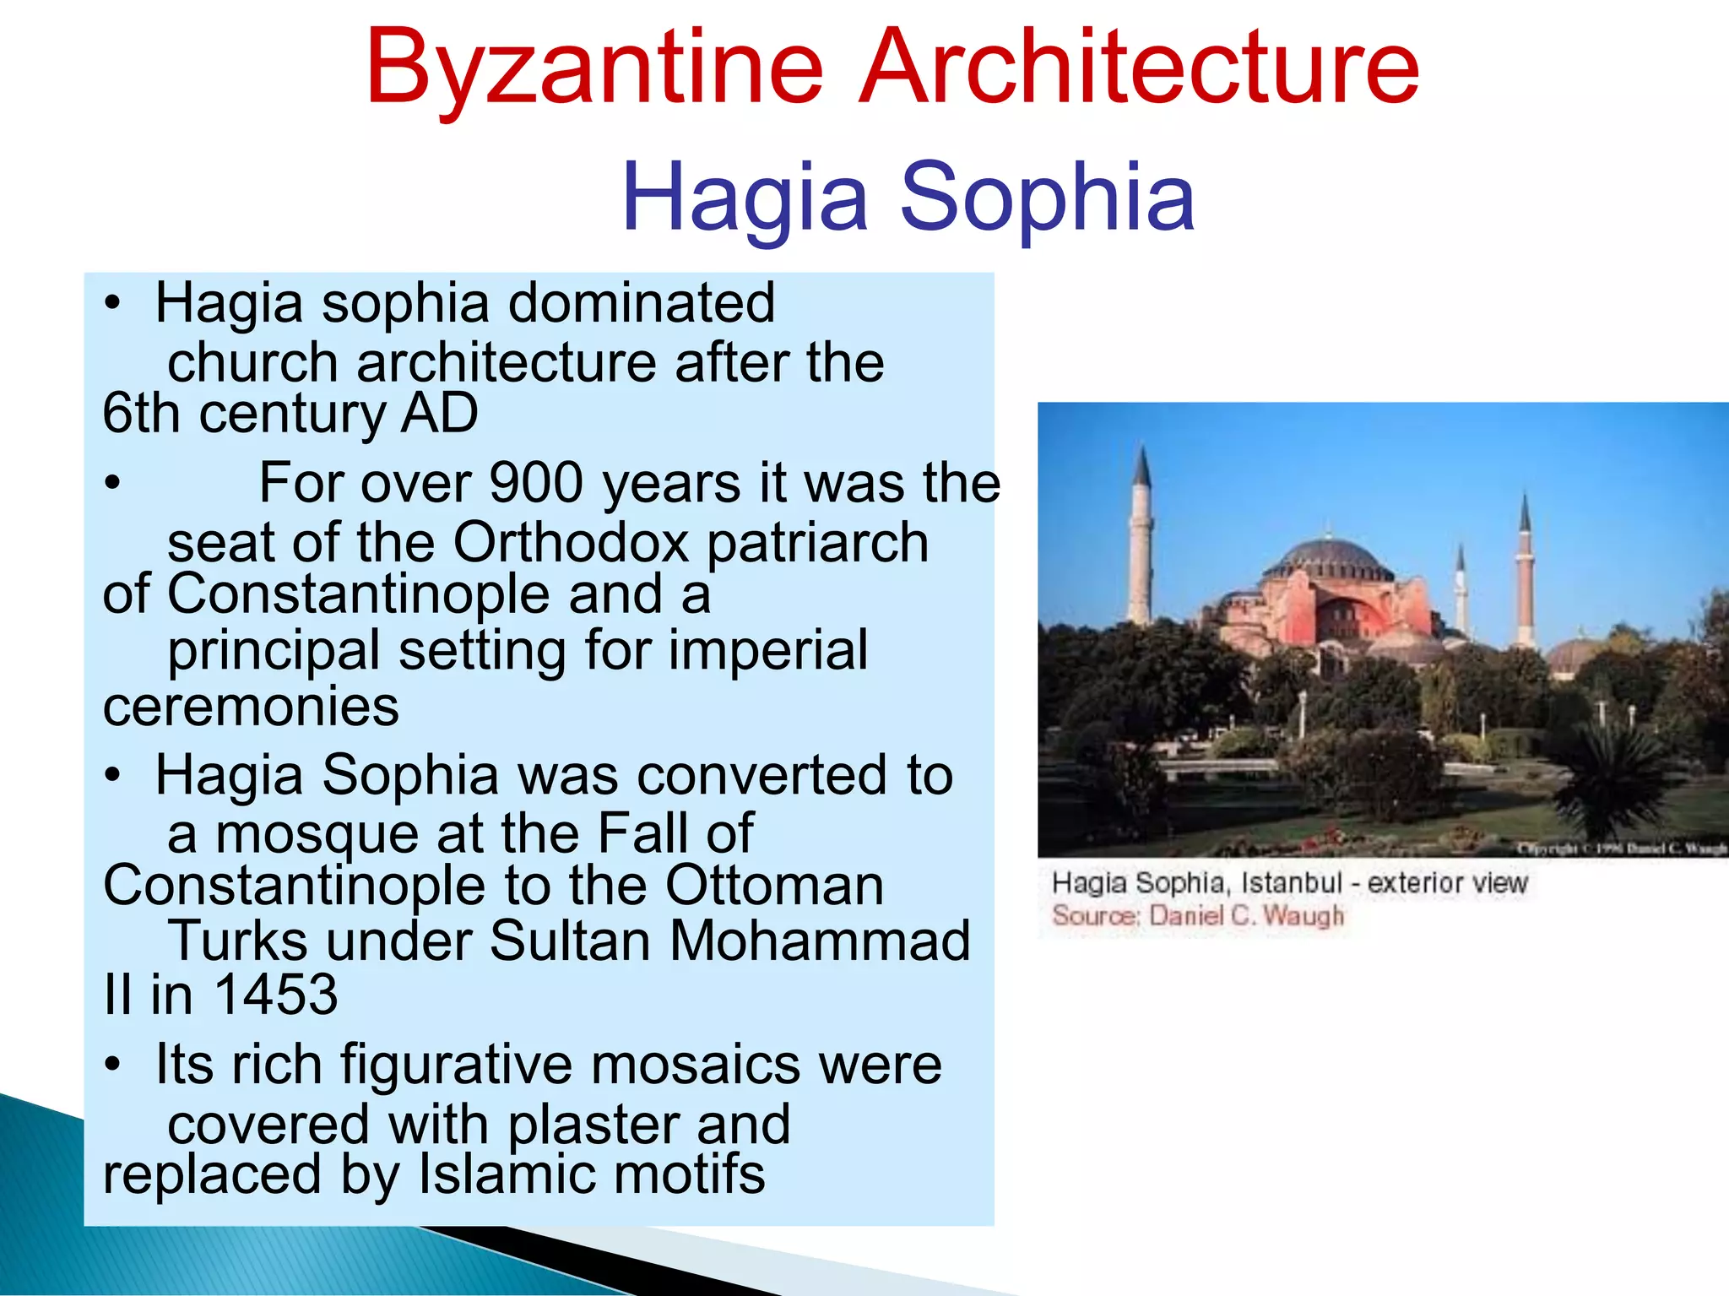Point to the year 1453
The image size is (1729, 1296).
pyautogui.click(x=276, y=994)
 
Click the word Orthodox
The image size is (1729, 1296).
pyautogui.click(x=572, y=542)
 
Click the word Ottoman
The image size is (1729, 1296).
pyautogui.click(x=774, y=886)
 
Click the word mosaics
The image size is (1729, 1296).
pyautogui.click(x=695, y=1065)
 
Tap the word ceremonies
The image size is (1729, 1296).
pyautogui.click(x=251, y=707)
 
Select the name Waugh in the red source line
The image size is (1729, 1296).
pyautogui.click(x=1303, y=916)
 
